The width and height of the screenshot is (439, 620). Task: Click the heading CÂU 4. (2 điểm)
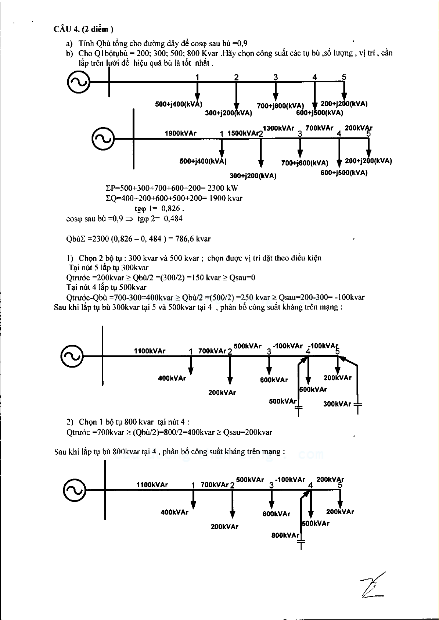[x=83, y=29]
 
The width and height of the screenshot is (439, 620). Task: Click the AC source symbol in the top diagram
[x=79, y=82]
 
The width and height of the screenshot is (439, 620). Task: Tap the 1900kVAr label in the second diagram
[x=180, y=133]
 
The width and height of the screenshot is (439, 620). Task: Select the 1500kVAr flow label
[x=243, y=133]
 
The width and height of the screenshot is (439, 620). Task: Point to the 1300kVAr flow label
[x=278, y=128]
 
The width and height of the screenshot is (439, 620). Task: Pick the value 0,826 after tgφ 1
[x=171, y=209]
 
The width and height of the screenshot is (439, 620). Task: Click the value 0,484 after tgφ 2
[x=173, y=219]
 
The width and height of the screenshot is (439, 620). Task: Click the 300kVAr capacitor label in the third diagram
[x=337, y=404]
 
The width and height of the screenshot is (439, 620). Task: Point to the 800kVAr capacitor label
[x=285, y=535]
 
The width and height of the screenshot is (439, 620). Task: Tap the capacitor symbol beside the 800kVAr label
[x=301, y=541]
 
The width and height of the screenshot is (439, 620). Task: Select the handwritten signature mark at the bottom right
[x=373, y=585]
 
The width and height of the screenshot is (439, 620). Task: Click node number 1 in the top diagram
[x=197, y=77]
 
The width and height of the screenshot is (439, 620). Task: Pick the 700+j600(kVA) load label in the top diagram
[x=280, y=106]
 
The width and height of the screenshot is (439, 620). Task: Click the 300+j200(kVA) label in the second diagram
[x=253, y=176]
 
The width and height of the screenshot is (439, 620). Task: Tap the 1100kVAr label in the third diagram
[x=150, y=351]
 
